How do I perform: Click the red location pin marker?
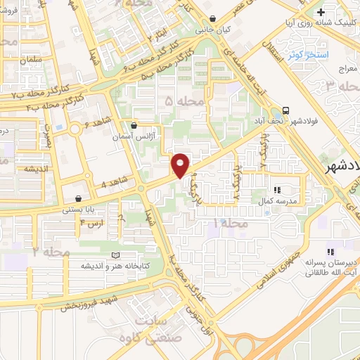point(181,165)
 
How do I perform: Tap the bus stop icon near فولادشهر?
point(286,110)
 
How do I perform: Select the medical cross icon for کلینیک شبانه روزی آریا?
point(321,13)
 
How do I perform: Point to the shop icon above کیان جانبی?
point(213,20)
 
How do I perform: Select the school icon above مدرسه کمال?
point(277,190)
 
